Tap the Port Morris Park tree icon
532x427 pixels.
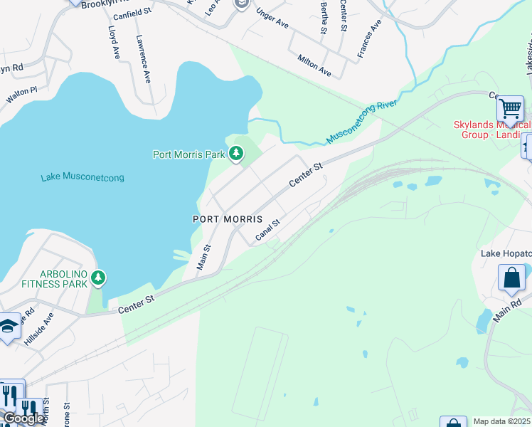pos(235,154)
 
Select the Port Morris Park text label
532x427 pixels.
pos(188,154)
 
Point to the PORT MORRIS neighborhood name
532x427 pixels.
pos(228,219)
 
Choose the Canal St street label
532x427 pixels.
pos(267,230)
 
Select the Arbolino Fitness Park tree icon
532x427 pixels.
pos(98,278)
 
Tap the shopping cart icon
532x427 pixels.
pos(510,110)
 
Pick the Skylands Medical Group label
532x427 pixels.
pos(491,130)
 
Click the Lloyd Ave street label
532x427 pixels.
pos(114,43)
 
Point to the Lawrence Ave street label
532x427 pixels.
pos(143,59)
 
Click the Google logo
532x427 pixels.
pos(23,418)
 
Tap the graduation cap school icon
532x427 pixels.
pos(9,325)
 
